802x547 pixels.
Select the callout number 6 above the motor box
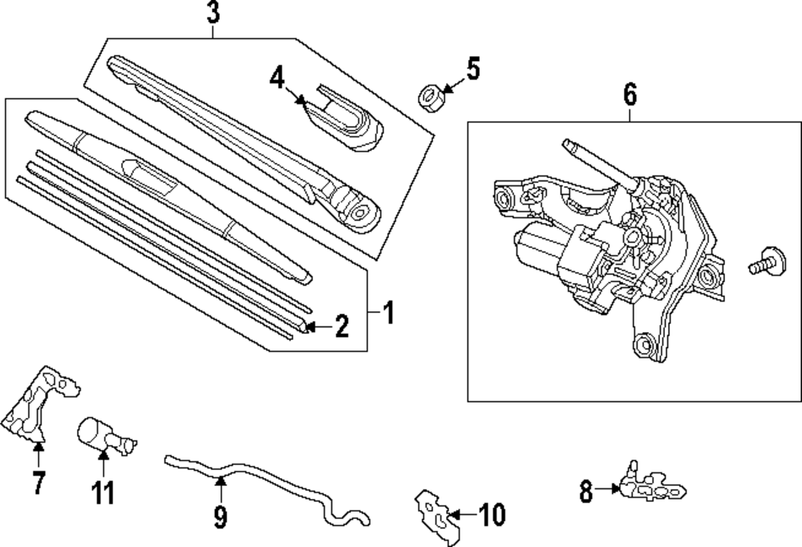tap(630, 95)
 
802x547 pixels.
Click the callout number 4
tap(277, 79)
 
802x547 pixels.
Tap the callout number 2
tap(342, 326)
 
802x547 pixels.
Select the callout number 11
tap(103, 491)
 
